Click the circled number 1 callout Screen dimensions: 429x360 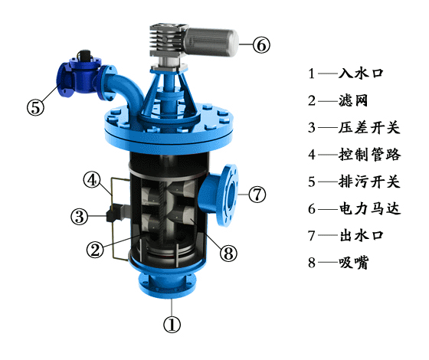pyautogui.click(x=172, y=325)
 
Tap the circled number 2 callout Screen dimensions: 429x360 pyautogui.click(x=95, y=249)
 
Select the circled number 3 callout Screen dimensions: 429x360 pyautogui.click(x=80, y=216)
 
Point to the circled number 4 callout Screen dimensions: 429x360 pyautogui.click(x=92, y=180)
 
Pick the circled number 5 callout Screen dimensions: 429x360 pyautogui.click(x=35, y=107)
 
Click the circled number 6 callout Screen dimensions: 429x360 pyautogui.click(x=261, y=44)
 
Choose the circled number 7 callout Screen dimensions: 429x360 pyautogui.click(x=257, y=194)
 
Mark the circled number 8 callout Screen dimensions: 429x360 pyautogui.click(x=228, y=253)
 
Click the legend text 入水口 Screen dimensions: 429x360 pyautogui.click(x=361, y=74)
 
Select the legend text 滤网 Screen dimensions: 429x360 pyautogui.click(x=353, y=100)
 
